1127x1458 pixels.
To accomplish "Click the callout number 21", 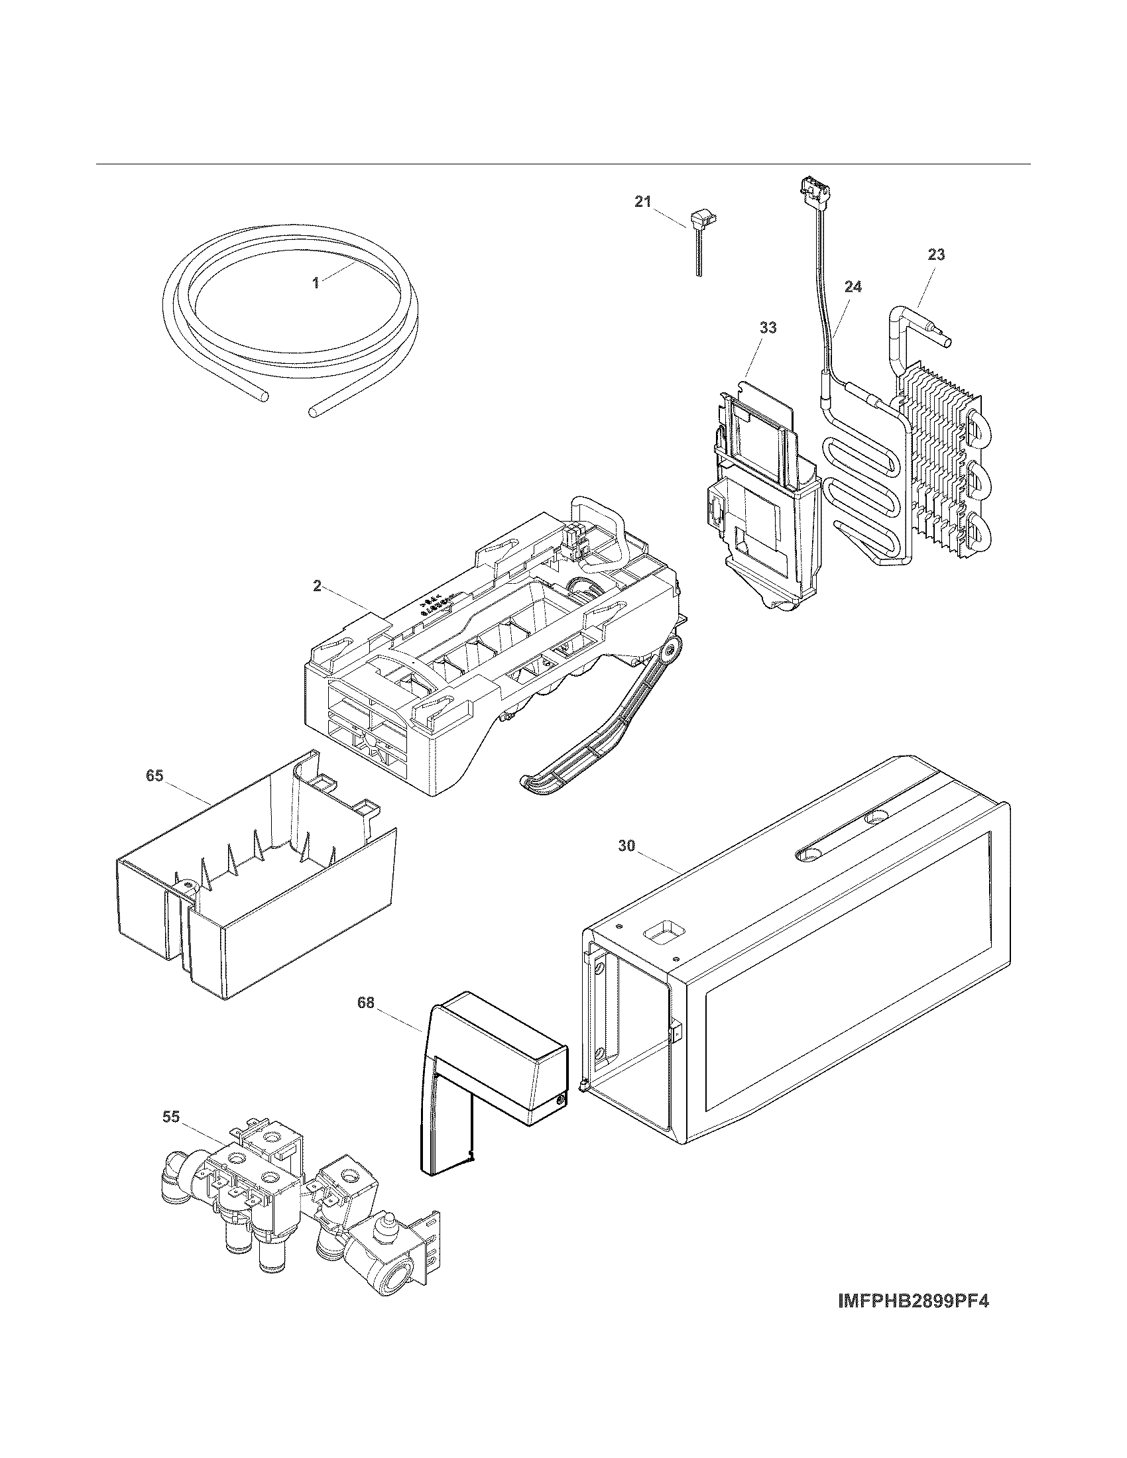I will click(x=642, y=202).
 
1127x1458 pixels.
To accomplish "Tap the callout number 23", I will click(x=936, y=254).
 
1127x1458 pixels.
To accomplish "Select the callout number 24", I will click(x=853, y=287).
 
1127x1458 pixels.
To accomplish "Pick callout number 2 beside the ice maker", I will click(x=317, y=586).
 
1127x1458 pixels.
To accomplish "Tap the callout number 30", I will click(x=626, y=846).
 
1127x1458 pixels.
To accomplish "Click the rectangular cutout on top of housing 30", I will click(x=659, y=936).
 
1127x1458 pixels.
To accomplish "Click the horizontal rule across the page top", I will click(x=563, y=164).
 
